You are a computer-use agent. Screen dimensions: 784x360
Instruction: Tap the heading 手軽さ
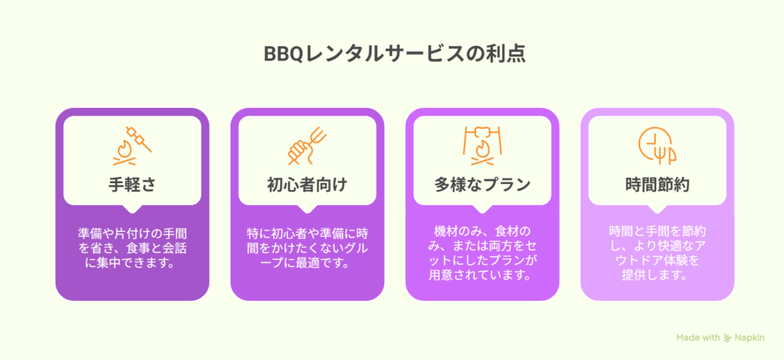[132, 185]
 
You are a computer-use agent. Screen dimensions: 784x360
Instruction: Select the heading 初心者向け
[307, 185]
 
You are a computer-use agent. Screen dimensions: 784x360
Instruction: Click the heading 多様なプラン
[482, 185]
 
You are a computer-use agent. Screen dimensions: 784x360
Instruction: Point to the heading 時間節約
[657, 185]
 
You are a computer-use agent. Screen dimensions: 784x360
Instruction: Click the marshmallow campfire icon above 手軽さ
[132, 146]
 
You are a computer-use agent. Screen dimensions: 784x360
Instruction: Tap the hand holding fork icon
[307, 146]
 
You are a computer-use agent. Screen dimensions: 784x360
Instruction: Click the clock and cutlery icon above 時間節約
[657, 146]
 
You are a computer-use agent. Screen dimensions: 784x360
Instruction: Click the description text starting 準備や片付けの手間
[132, 248]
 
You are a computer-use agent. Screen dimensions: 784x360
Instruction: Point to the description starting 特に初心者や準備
[307, 248]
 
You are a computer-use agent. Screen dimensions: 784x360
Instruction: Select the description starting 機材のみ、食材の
[482, 254]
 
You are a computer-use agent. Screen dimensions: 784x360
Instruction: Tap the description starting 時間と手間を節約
[657, 254]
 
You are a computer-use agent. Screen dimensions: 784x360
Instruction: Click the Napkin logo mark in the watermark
[728, 338]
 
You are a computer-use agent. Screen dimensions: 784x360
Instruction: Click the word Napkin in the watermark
[750, 338]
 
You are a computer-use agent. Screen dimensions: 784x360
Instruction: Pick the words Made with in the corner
[698, 338]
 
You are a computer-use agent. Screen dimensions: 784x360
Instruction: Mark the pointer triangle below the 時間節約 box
[657, 209]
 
